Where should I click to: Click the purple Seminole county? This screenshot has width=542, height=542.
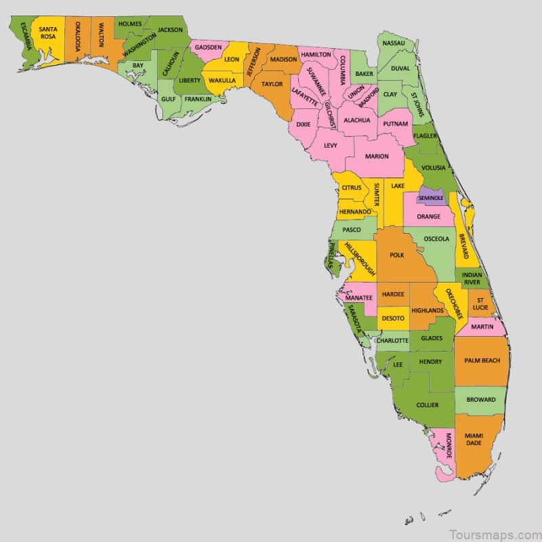click(x=431, y=197)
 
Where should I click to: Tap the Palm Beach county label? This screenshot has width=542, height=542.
click(x=482, y=360)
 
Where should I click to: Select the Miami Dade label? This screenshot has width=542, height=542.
click(x=474, y=439)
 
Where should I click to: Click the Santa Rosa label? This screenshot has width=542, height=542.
click(x=47, y=33)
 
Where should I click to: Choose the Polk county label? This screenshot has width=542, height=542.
click(x=397, y=255)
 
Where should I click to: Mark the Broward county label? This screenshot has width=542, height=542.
click(x=481, y=400)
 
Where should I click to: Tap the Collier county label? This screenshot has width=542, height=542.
click(x=428, y=405)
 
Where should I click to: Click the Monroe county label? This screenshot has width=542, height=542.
click(x=447, y=446)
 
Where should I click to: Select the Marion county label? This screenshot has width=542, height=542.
click(x=377, y=157)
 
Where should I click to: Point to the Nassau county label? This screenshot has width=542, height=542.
click(x=394, y=43)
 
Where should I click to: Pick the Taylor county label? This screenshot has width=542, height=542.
click(x=272, y=84)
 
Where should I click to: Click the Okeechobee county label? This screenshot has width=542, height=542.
click(x=451, y=304)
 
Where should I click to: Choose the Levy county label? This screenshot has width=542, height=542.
click(x=331, y=145)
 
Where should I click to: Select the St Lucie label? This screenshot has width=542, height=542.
click(x=480, y=304)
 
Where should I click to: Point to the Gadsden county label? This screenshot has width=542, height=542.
click(x=208, y=47)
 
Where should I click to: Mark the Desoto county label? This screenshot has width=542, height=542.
click(x=393, y=318)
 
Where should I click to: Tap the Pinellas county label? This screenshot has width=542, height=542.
click(x=331, y=256)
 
